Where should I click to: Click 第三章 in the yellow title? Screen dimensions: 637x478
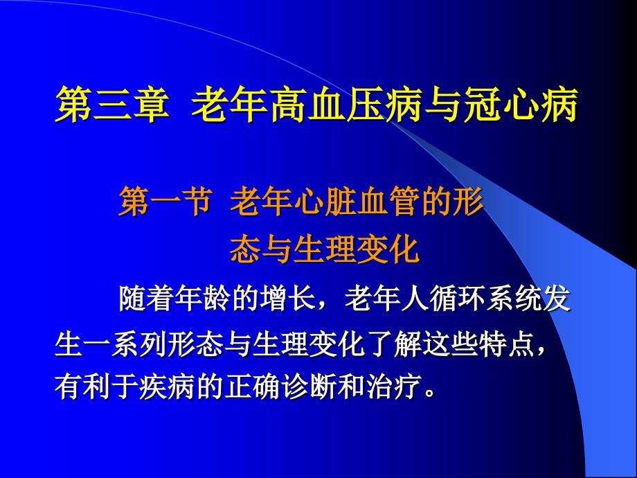pos(112,105)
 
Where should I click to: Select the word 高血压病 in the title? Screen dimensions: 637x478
pos(346,105)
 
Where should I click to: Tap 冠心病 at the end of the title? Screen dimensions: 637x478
pos(521,105)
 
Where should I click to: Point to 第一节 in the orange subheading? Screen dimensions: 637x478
pos(165,201)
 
